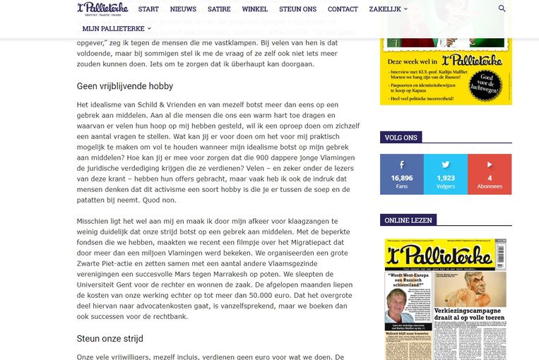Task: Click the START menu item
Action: pos(148,8)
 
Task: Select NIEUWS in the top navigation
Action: pos(183,8)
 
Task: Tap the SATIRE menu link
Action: pos(219,8)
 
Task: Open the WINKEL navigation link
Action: pos(254,8)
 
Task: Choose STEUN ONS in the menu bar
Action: pos(297,8)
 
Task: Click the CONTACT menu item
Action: pos(343,8)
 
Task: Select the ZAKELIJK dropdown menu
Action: pos(388,8)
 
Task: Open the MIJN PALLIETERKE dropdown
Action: pos(117,28)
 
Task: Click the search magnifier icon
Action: pos(502,8)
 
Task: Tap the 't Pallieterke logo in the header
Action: pos(103,9)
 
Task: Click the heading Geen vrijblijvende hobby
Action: pos(125,86)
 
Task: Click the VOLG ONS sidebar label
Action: pos(401,138)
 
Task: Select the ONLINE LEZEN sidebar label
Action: pos(409,220)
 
